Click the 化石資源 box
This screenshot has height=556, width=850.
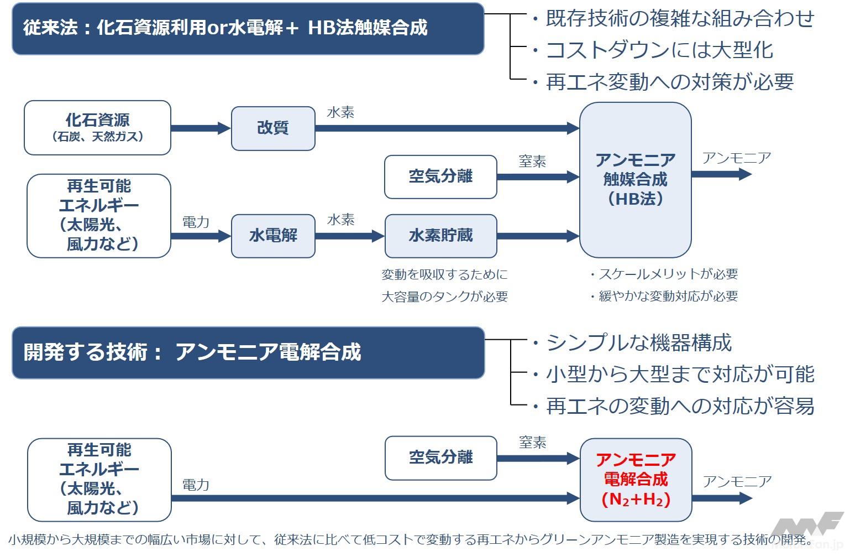(97, 128)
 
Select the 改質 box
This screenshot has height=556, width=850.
(273, 128)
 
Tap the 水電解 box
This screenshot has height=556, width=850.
(273, 236)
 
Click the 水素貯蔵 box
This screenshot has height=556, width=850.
(440, 236)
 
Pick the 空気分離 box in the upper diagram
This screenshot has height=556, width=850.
(440, 177)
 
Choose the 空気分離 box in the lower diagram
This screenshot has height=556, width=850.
(440, 458)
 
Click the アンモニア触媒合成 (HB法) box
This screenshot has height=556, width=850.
(635, 180)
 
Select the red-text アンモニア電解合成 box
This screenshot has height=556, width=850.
(636, 480)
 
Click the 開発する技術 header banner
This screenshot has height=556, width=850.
(248, 352)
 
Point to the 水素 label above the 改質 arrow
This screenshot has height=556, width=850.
(340, 113)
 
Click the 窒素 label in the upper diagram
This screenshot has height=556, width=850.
(532, 162)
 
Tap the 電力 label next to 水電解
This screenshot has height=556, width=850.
(196, 222)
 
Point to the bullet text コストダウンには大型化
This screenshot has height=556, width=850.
(659, 50)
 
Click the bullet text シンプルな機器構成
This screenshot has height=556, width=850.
(638, 343)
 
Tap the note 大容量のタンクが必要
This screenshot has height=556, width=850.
(444, 297)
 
